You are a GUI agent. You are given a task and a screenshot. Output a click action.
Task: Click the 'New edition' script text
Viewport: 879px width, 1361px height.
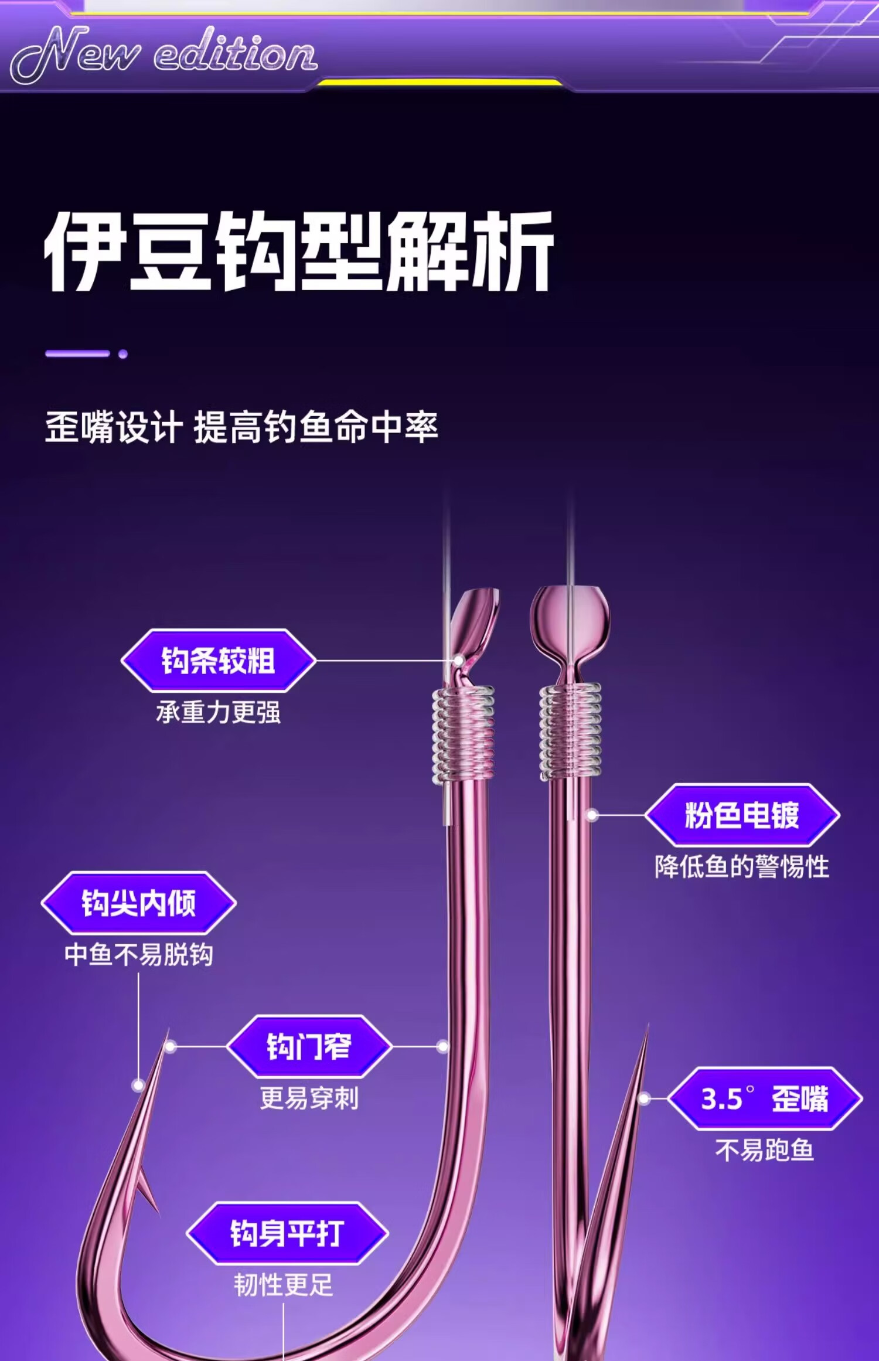point(164,54)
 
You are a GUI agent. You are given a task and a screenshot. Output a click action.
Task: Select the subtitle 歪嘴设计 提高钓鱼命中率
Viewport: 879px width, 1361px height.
point(241,427)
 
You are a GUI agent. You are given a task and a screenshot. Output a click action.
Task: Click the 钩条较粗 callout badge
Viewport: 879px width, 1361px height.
point(218,661)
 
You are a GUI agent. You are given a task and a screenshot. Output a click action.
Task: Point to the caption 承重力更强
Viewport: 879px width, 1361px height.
point(218,712)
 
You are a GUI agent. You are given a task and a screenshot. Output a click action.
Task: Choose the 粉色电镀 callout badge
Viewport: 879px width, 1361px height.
point(742,815)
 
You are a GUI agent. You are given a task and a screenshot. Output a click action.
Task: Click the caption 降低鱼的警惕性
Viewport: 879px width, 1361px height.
point(742,866)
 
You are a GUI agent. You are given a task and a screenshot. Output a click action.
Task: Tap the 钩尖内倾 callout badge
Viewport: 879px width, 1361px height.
point(138,903)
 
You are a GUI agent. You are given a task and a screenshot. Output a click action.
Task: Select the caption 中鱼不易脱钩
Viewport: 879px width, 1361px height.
point(138,954)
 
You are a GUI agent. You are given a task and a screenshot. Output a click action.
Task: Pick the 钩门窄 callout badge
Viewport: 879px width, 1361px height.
point(309,1046)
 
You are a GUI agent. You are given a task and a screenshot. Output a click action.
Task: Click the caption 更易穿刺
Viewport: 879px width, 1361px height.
point(309,1097)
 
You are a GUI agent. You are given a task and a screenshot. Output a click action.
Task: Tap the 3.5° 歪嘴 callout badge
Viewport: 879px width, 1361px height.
point(765,1098)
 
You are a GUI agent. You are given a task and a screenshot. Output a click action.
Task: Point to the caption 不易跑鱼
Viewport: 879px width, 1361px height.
point(765,1150)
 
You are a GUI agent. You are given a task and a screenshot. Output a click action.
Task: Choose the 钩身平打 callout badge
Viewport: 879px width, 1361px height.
point(287,1233)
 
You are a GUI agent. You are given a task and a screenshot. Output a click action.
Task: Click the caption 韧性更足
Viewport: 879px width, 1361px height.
point(284,1285)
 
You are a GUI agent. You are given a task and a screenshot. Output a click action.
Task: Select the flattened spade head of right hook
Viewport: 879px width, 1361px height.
point(570,621)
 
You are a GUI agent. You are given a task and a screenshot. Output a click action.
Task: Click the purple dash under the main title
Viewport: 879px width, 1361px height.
point(78,354)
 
